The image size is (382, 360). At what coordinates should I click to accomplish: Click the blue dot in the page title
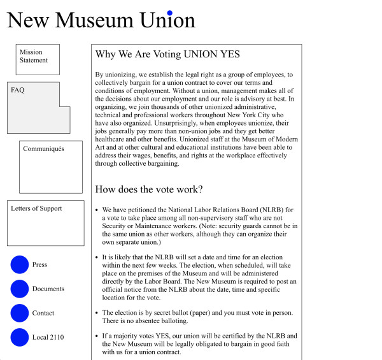pyautogui.click(x=169, y=13)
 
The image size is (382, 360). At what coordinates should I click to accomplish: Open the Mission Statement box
pyautogui.click(x=38, y=59)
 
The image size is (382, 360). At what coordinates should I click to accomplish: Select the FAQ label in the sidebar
pyautogui.click(x=18, y=90)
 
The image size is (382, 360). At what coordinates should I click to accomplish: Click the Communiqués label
pyautogui.click(x=43, y=149)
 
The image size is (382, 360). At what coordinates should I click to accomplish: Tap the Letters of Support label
pyautogui.click(x=36, y=208)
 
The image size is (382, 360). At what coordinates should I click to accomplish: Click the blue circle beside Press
pyautogui.click(x=20, y=264)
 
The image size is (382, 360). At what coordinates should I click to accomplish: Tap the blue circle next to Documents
pyautogui.click(x=20, y=289)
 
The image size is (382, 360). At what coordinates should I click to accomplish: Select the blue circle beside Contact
pyautogui.click(x=20, y=313)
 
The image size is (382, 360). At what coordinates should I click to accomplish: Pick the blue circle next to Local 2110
pyautogui.click(x=20, y=337)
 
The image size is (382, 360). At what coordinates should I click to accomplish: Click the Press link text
pyautogui.click(x=39, y=264)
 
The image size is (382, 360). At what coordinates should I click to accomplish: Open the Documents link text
pyautogui.click(x=48, y=289)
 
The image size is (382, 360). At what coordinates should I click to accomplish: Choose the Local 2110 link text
pyautogui.click(x=48, y=337)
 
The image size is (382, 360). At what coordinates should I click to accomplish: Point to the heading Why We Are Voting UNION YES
pyautogui.click(x=167, y=55)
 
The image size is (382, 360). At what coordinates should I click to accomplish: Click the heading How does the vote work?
pyautogui.click(x=149, y=189)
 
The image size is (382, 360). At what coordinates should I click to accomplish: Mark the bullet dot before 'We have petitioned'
pyautogui.click(x=97, y=210)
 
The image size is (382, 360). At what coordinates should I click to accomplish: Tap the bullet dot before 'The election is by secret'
pyautogui.click(x=97, y=313)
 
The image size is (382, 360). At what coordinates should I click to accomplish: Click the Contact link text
pyautogui.click(x=43, y=313)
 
